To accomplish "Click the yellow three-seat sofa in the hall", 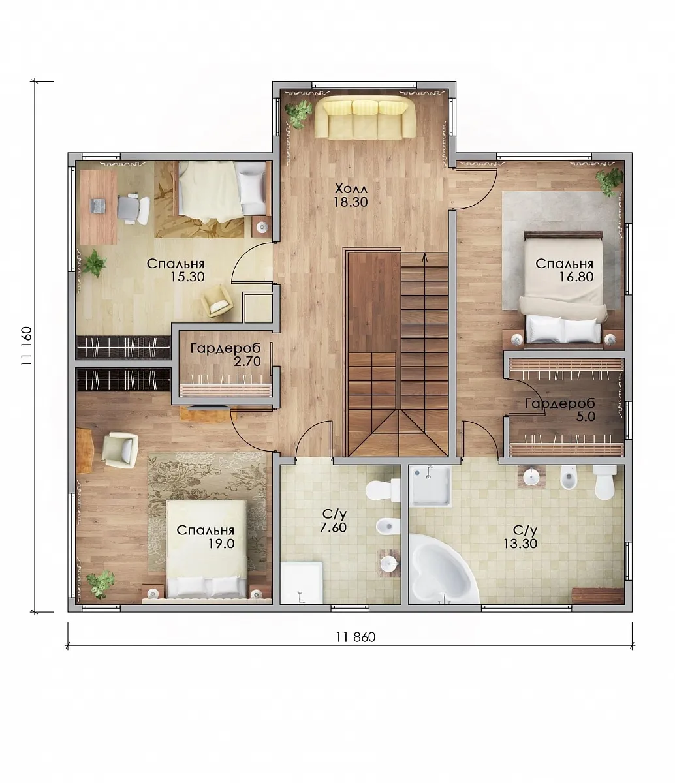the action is pyautogui.click(x=366, y=117).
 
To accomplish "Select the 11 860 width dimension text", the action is pyautogui.click(x=356, y=637).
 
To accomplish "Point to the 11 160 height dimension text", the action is pyautogui.click(x=27, y=345).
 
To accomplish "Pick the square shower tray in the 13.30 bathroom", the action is pyautogui.click(x=432, y=486).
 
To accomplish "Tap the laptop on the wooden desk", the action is pyautogui.click(x=97, y=206).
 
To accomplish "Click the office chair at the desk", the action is pyautogui.click(x=133, y=208).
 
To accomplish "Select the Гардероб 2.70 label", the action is pyautogui.click(x=226, y=354).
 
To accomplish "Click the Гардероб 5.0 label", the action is pyautogui.click(x=560, y=410).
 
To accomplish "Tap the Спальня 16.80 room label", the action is pyautogui.click(x=565, y=270).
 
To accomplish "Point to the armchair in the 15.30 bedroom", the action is pyautogui.click(x=217, y=301).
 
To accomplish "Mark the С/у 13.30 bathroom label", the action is pyautogui.click(x=520, y=537).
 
